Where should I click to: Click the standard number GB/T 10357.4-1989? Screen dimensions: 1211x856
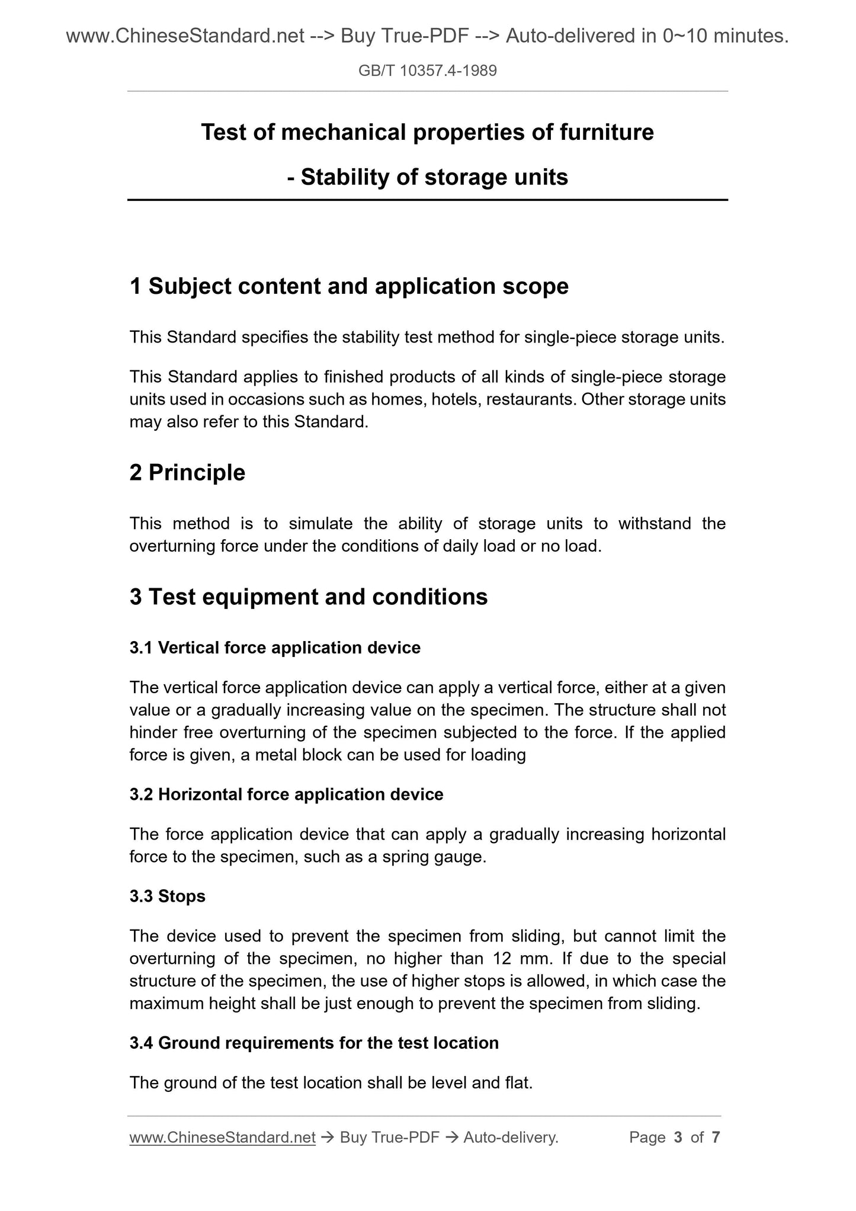[x=427, y=71]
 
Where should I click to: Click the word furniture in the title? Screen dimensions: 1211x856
[x=607, y=132]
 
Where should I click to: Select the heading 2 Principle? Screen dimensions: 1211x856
[x=187, y=472]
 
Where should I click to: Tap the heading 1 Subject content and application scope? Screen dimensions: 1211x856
[x=349, y=286]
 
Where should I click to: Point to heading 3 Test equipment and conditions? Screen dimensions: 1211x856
[x=309, y=597]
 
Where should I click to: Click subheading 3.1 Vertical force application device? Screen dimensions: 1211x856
[x=275, y=648]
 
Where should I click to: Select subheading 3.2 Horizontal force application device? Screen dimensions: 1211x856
[x=286, y=794]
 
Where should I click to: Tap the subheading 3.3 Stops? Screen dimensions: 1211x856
[x=167, y=896]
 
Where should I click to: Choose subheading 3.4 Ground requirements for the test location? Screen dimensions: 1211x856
[x=314, y=1042]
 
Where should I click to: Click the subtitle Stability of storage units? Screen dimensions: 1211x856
[x=434, y=177]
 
